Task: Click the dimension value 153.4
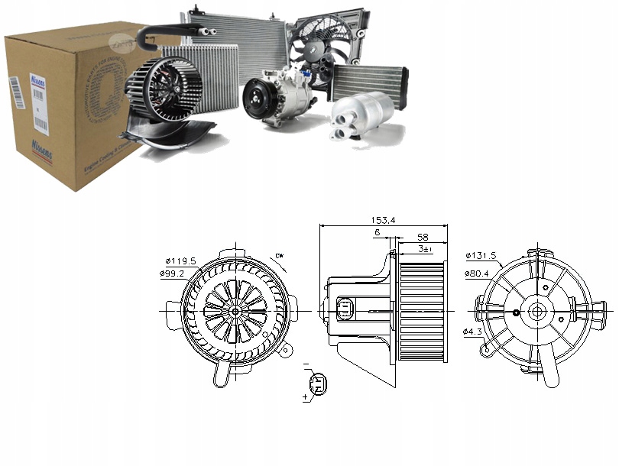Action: coord(383,220)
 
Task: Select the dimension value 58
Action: coord(423,238)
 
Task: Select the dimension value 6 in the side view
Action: coord(378,232)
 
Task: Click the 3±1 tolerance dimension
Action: coord(425,249)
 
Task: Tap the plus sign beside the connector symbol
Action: coord(306,398)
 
